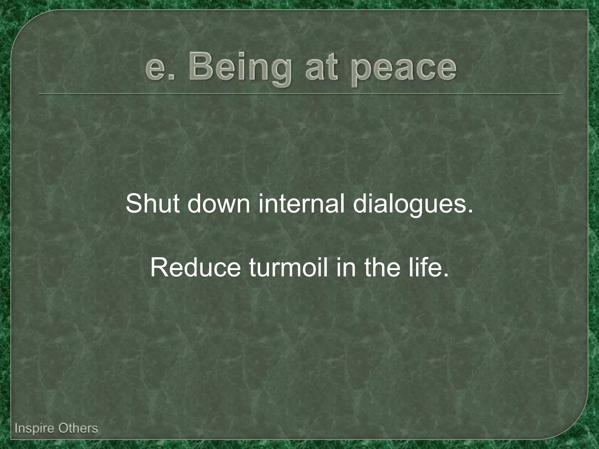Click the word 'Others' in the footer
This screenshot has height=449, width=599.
[x=78, y=428]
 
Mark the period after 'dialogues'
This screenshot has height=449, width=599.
[x=470, y=211]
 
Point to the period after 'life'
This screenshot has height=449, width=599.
[x=445, y=275]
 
